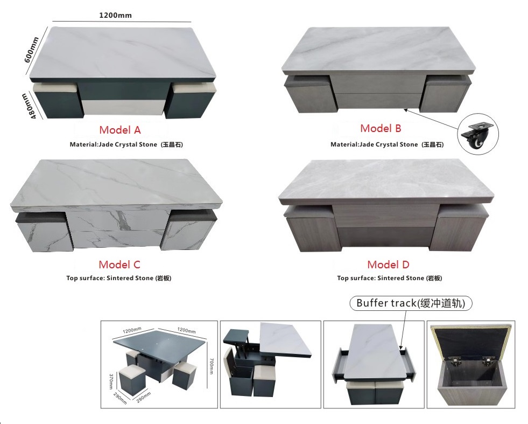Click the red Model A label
(x=120, y=130)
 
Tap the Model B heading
(x=381, y=128)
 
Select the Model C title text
(x=119, y=265)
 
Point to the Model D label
(x=388, y=265)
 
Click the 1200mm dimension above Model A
(x=116, y=15)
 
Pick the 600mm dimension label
(x=31, y=50)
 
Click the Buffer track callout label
(x=411, y=303)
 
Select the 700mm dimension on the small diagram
(x=211, y=366)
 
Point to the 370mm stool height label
(x=111, y=381)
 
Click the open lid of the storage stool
(x=471, y=340)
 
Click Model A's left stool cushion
(x=54, y=88)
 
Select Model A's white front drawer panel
(x=123, y=108)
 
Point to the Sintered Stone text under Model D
(x=400, y=278)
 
